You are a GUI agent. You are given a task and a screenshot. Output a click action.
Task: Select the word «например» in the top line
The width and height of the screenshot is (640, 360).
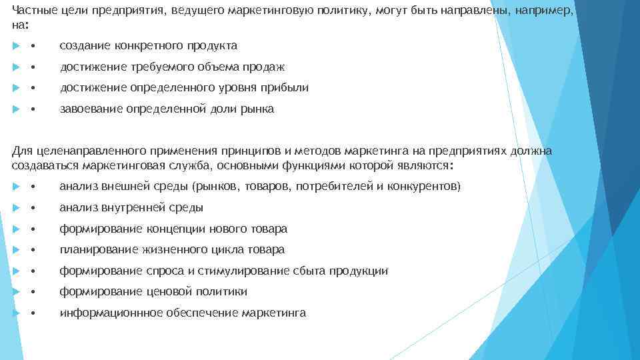pos(541,11)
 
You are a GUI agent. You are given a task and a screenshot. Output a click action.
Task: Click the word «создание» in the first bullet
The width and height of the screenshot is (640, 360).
pos(84,46)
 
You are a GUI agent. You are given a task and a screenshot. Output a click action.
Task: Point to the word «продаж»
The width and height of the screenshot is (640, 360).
pos(267,67)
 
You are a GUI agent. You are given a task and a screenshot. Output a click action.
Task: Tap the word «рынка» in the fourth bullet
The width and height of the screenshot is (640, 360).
pos(258,109)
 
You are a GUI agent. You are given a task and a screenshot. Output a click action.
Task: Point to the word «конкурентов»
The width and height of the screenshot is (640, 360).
pos(423,187)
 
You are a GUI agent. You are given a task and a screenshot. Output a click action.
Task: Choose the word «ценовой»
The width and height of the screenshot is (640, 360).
pos(166,291)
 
